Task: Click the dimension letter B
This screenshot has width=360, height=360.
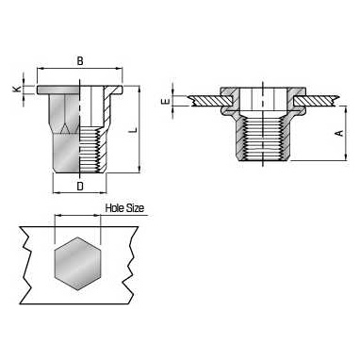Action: (80, 61)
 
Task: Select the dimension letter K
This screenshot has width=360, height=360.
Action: (17, 90)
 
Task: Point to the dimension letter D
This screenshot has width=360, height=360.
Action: (80, 186)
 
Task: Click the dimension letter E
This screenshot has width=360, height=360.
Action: (166, 102)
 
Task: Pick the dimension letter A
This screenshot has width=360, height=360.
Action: (340, 133)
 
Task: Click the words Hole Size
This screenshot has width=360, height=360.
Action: (124, 208)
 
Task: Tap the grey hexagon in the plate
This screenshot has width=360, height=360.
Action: (77, 264)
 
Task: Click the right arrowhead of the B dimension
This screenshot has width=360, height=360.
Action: (120, 69)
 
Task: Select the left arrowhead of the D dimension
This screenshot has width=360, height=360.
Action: (57, 192)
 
